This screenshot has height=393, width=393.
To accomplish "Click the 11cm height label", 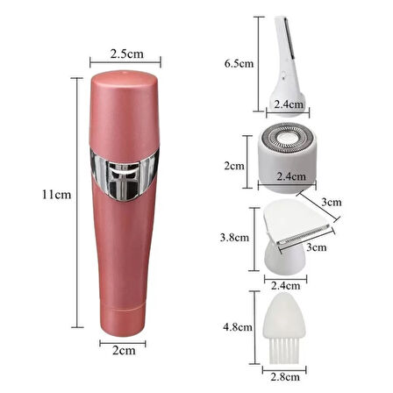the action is (x=56, y=195).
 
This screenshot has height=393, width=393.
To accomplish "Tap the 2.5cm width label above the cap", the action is (x=127, y=54).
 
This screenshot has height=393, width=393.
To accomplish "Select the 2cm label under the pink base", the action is (x=124, y=350).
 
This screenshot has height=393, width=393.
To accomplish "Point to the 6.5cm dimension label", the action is (x=239, y=63).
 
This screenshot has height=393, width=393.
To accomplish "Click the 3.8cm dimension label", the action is (x=234, y=238).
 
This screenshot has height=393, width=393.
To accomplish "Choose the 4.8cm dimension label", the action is (x=238, y=326).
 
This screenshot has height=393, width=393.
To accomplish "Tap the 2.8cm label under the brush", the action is (x=285, y=377).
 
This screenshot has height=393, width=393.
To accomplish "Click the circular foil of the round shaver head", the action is (x=287, y=137).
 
